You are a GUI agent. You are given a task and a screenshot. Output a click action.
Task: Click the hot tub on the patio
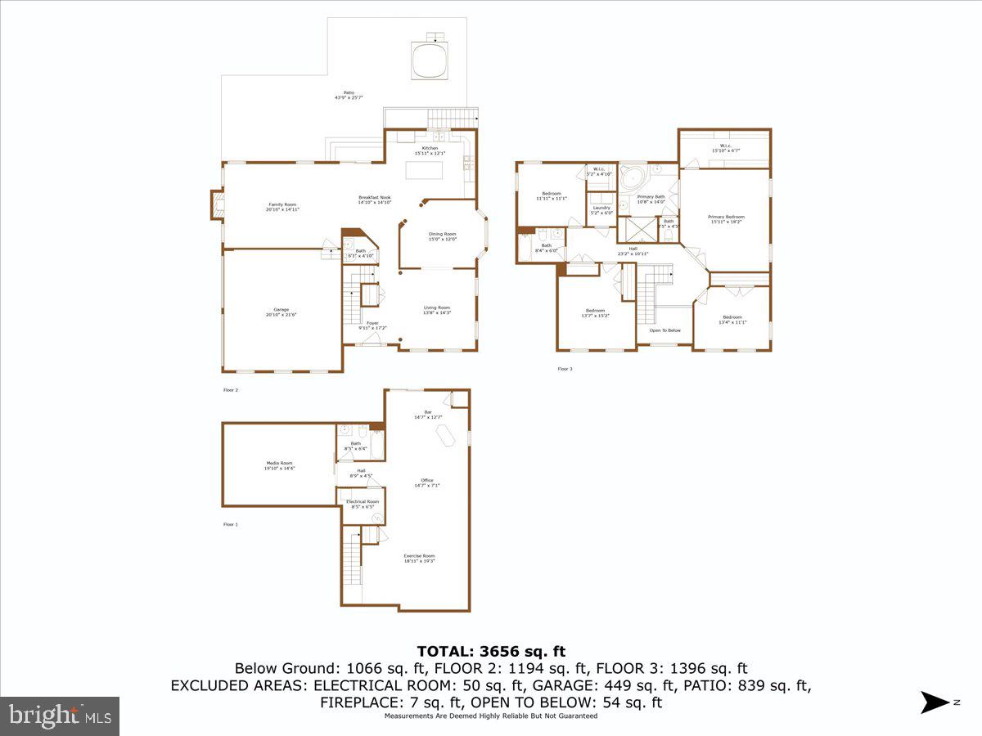(430, 61)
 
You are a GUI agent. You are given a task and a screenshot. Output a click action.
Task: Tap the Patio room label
(349, 95)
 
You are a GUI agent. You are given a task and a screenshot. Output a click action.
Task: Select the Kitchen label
(430, 149)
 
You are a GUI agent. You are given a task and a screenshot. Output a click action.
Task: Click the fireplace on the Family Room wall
(217, 204)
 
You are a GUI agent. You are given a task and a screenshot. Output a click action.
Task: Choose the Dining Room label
(442, 236)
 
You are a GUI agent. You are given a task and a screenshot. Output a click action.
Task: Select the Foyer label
(372, 325)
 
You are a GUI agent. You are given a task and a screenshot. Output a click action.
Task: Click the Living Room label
(436, 309)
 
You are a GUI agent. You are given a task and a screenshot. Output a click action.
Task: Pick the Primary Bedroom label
(726, 218)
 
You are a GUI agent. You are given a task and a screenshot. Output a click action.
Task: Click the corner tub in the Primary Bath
(632, 177)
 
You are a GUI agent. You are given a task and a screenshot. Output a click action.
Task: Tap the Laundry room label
(601, 209)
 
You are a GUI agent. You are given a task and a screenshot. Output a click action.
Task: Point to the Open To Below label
(664, 330)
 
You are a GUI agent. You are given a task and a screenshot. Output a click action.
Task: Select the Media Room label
(279, 464)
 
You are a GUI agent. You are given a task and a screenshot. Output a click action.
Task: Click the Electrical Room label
(362, 503)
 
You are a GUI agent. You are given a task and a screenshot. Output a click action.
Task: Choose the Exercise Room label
(419, 558)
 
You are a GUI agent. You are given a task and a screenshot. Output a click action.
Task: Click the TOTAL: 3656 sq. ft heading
(491, 652)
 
